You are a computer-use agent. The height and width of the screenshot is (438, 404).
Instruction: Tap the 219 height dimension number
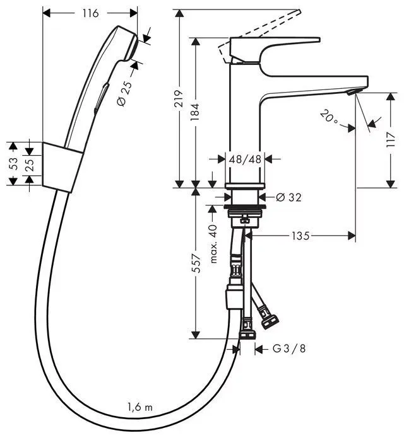(180, 99)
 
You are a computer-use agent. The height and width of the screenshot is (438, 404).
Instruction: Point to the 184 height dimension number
(196, 111)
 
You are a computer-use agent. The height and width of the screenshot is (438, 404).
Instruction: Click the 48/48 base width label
(246, 159)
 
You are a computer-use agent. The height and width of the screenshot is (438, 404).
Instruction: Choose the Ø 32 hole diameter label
(288, 197)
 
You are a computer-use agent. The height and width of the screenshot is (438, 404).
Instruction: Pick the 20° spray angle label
(329, 116)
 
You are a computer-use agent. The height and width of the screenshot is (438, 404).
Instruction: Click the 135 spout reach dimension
(300, 236)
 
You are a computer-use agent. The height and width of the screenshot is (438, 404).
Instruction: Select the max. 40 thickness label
(213, 244)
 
